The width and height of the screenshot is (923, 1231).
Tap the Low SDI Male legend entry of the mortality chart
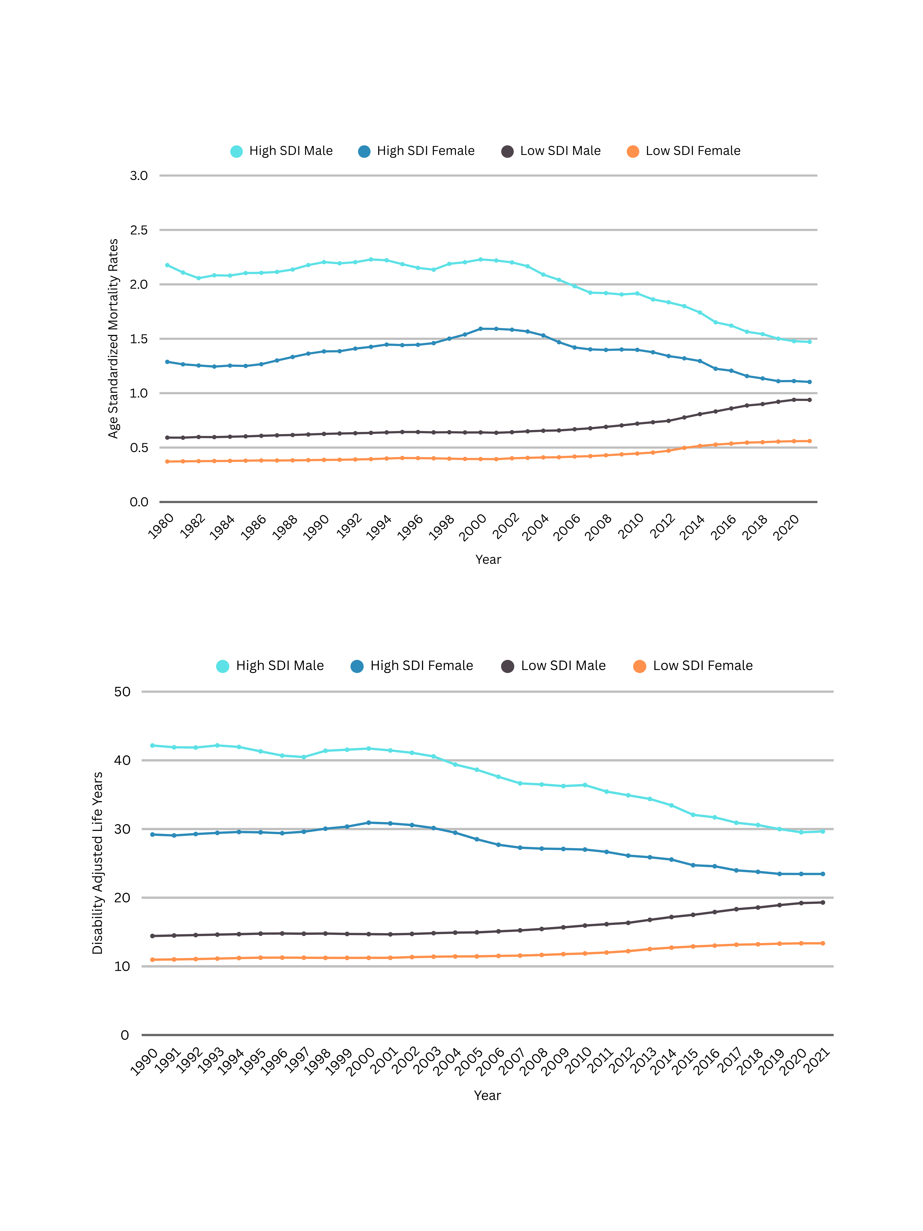551,151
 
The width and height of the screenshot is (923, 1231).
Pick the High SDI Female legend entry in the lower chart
412,666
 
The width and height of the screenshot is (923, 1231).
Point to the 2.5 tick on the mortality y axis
138,230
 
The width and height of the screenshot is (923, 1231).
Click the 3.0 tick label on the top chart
138,176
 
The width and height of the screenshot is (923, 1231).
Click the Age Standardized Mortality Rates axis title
113,338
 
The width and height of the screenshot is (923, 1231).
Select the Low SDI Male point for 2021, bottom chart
823,903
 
